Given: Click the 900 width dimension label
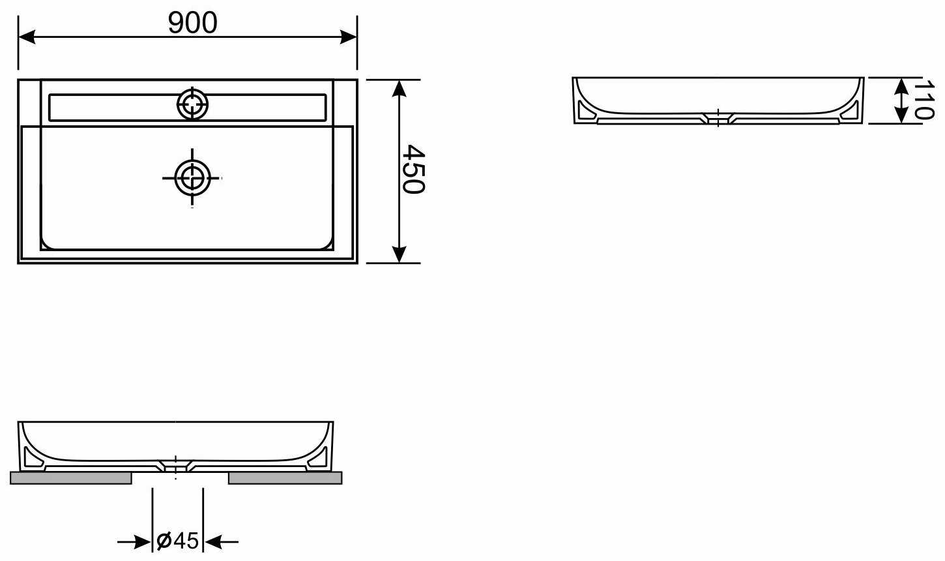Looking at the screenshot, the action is tap(193, 23).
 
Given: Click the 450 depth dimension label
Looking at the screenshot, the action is tap(413, 169).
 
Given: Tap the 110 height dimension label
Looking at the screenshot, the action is tap(923, 100).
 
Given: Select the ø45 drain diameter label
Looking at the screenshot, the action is tap(177, 541).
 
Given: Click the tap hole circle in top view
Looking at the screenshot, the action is tap(192, 104).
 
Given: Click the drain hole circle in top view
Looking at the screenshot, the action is tap(192, 178).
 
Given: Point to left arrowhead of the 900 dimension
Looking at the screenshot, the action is tap(26, 37).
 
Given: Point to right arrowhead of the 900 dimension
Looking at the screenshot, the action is tap(349, 37).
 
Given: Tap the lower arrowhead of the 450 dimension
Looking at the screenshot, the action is tap(399, 254).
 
